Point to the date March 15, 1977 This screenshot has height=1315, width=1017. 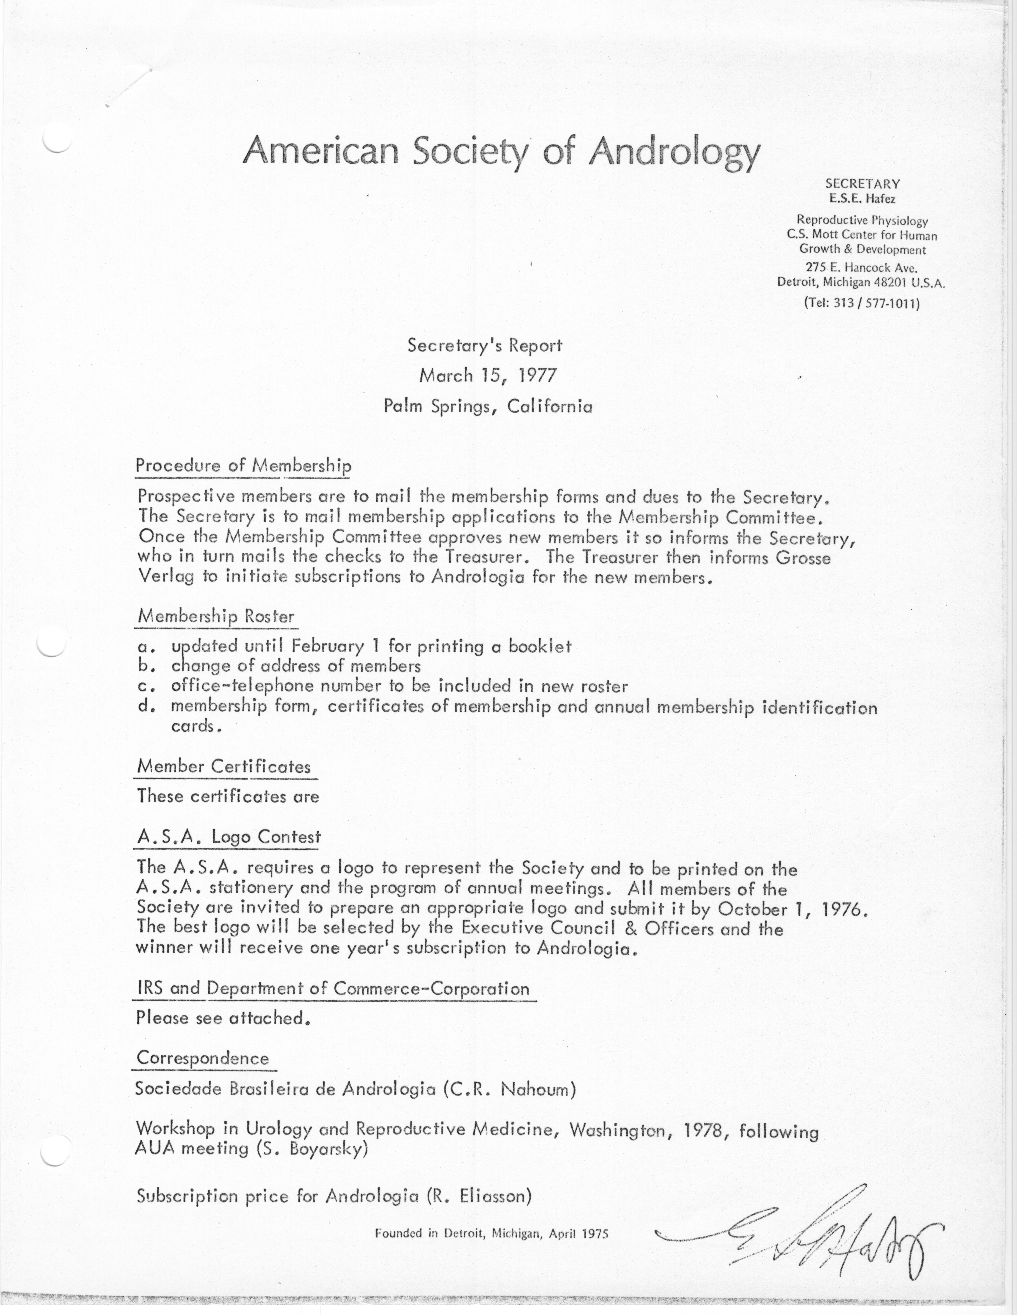click(487, 376)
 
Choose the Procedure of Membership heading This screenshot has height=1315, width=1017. click(243, 465)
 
